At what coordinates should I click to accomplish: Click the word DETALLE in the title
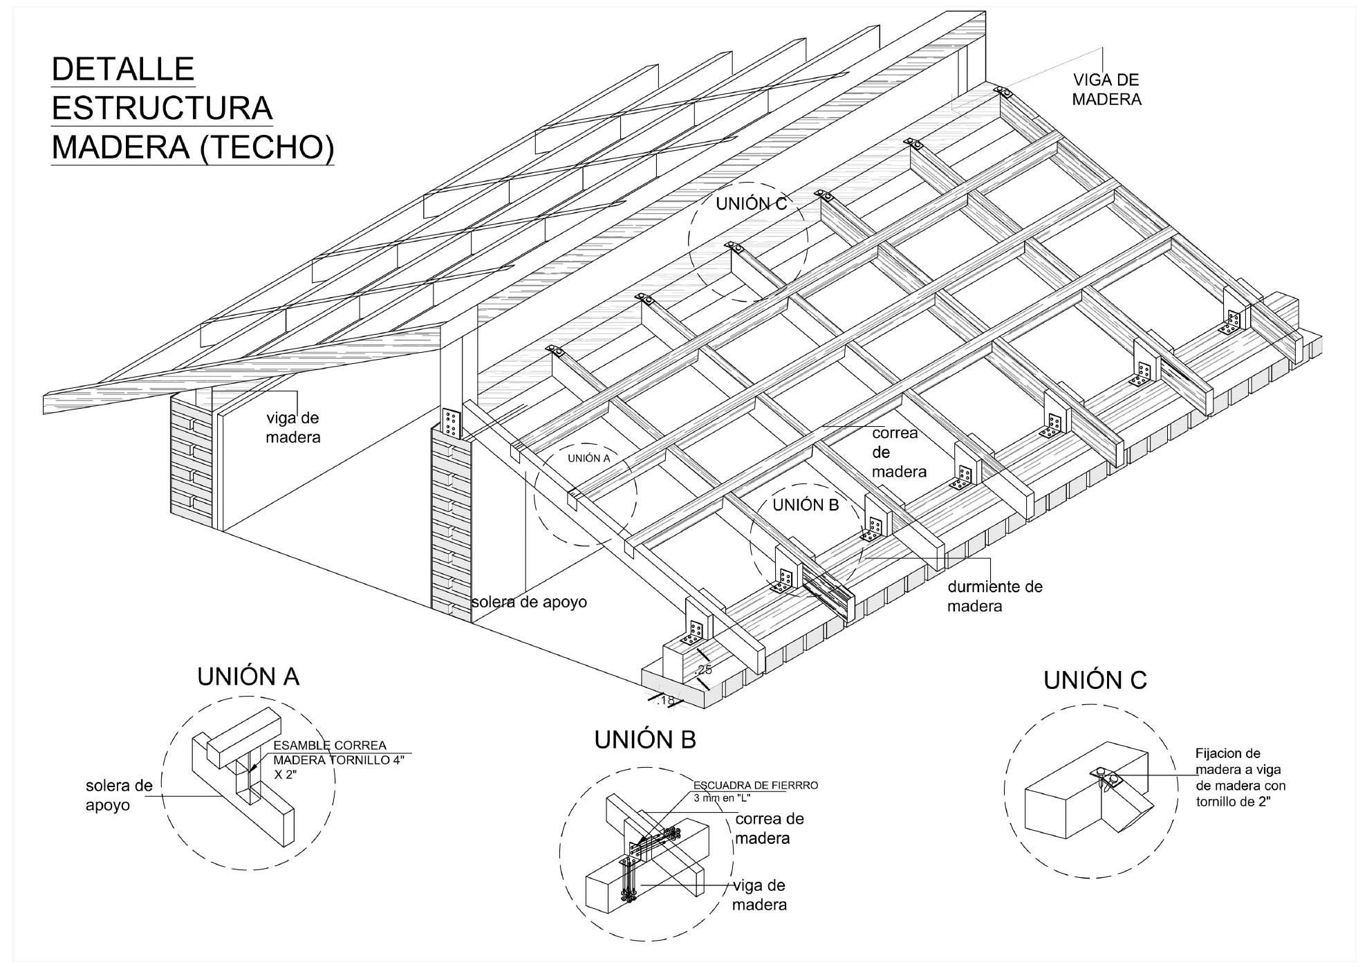[x=123, y=69]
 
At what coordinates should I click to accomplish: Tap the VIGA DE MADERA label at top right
[x=1106, y=90]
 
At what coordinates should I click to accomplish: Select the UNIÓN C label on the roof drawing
[x=751, y=204]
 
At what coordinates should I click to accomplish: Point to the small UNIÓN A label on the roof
[x=589, y=458]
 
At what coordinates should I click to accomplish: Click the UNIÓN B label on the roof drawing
[x=806, y=505]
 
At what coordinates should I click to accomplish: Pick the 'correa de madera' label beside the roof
[x=898, y=452]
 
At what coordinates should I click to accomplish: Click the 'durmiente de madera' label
[x=994, y=596]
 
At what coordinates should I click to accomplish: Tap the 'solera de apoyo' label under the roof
[x=530, y=602]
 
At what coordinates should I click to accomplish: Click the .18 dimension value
[x=666, y=701]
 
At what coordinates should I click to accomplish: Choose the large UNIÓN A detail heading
[x=248, y=676]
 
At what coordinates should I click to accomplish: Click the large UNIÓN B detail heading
[x=645, y=740]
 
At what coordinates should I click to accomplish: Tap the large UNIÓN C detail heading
[x=1095, y=681]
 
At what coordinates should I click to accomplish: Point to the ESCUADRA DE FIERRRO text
[x=756, y=786]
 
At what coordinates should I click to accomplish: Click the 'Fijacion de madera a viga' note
[x=1240, y=778]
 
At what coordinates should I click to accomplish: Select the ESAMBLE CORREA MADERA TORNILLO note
[x=339, y=759]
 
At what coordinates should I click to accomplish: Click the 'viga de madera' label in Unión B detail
[x=759, y=895]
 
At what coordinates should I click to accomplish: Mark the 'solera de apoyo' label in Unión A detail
[x=119, y=795]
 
